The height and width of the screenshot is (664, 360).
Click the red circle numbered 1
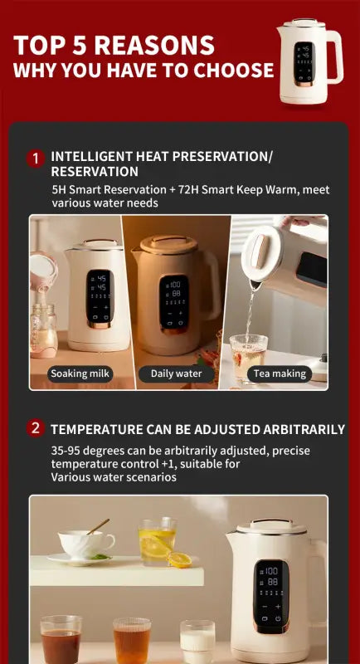pyautogui.click(x=35, y=158)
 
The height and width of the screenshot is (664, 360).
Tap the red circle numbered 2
pyautogui.click(x=35, y=428)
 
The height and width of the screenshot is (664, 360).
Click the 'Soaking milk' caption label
pyautogui.click(x=80, y=373)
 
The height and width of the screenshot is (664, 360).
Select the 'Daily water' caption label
pyautogui.click(x=176, y=373)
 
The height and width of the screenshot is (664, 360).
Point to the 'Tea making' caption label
pyautogui.click(x=280, y=373)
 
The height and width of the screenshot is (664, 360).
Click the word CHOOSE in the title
pyautogui.click(x=233, y=71)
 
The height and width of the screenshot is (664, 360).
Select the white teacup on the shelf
pyautogui.click(x=86, y=544)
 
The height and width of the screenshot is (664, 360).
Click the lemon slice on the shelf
pyautogui.click(x=180, y=559)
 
